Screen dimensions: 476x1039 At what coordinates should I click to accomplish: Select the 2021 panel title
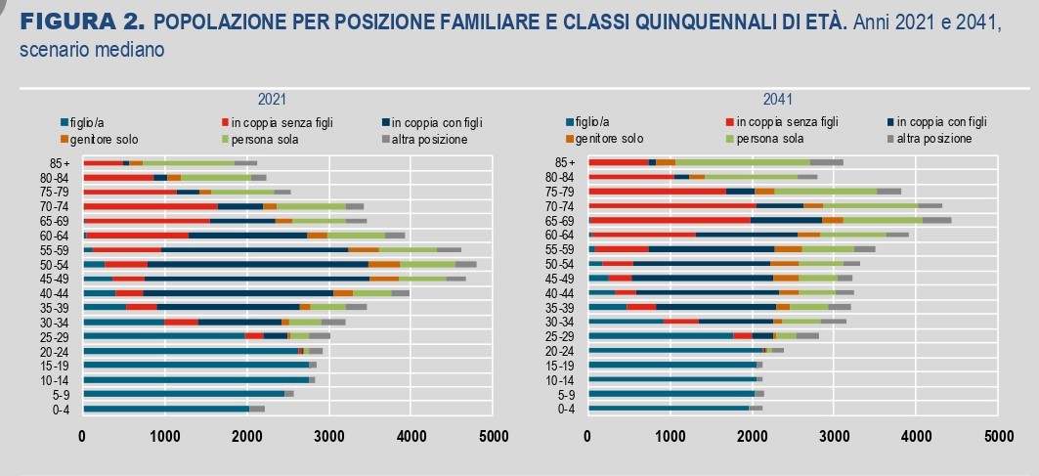click(272, 100)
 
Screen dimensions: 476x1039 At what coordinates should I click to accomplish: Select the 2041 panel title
click(778, 100)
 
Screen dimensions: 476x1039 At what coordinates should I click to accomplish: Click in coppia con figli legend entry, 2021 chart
click(431, 122)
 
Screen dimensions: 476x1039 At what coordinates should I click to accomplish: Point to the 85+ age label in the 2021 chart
click(61, 162)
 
